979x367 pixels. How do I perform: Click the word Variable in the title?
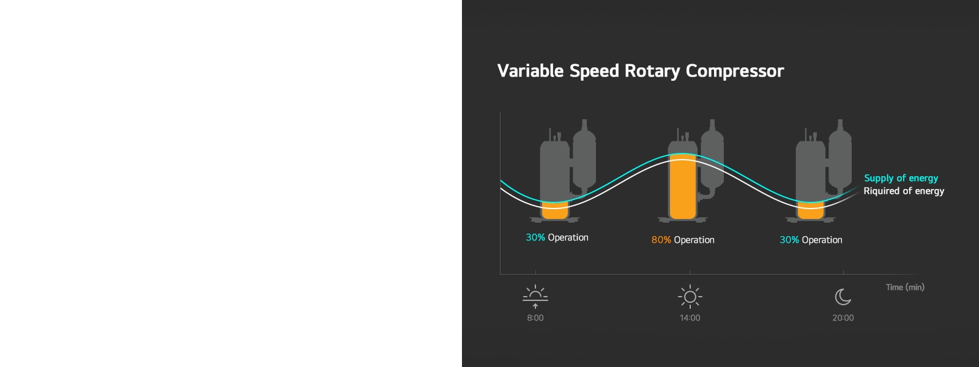pos(530,71)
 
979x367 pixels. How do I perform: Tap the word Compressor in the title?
pos(734,71)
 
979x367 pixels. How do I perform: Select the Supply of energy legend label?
pos(901,178)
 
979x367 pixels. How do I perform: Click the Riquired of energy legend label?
pos(904,191)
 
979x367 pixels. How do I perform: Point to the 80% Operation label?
pos(683,240)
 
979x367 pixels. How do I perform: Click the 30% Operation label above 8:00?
pos(557,237)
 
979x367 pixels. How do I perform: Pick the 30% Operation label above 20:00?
pos(811,240)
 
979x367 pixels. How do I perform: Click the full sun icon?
pos(690,297)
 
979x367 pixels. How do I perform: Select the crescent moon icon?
pos(843,297)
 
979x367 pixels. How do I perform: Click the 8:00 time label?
pos(535,318)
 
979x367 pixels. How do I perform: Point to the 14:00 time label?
pos(690,318)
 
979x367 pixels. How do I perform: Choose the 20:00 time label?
pos(843,318)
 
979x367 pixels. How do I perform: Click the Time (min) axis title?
pos(905,287)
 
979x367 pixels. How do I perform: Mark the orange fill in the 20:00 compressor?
pos(811,212)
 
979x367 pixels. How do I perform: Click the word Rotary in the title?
pos(652,71)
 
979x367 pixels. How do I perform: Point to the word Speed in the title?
pos(594,71)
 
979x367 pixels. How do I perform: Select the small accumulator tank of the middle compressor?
pos(712,156)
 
